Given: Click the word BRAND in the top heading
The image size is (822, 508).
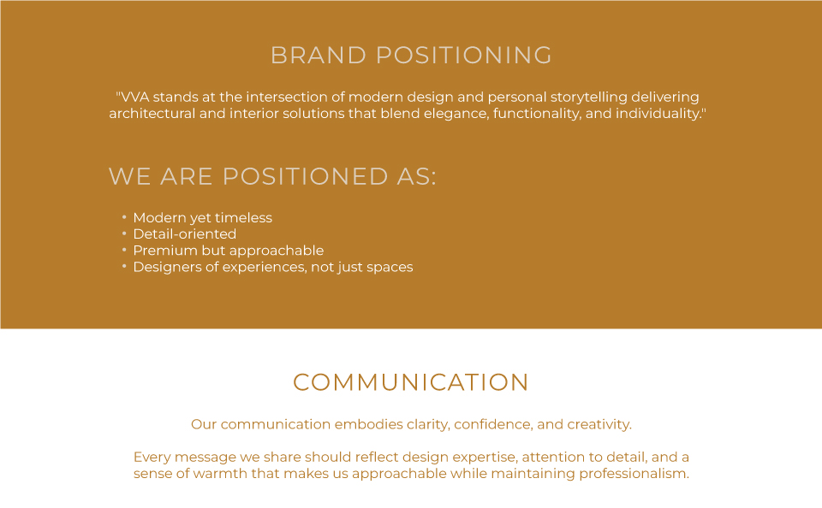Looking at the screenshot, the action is (x=319, y=56).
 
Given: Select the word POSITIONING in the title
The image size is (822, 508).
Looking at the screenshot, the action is (x=464, y=56).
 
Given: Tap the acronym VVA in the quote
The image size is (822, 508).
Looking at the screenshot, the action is (x=134, y=97).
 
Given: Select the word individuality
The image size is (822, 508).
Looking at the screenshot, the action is (x=658, y=114).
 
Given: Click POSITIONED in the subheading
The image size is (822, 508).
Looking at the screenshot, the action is (x=306, y=176).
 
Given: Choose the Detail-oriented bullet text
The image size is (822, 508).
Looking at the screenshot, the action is (x=185, y=234).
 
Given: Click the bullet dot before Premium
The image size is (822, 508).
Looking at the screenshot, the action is (x=124, y=250).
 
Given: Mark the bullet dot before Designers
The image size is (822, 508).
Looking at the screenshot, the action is (x=124, y=266).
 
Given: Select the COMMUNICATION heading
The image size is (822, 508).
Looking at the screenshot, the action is (x=411, y=382).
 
